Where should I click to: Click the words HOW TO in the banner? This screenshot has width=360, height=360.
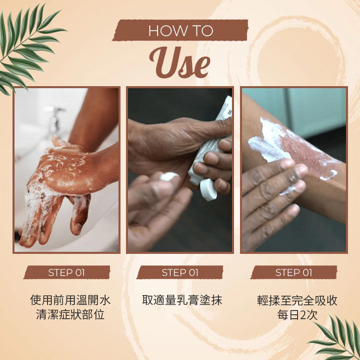180,31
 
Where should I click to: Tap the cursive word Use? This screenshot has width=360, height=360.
180,62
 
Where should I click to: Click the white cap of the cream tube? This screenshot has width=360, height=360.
208,190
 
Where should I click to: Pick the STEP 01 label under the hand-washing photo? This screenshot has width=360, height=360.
67,273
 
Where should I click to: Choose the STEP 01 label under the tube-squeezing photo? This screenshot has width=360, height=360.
180,273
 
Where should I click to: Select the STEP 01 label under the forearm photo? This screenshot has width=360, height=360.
294,273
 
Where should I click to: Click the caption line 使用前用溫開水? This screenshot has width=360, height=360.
70,300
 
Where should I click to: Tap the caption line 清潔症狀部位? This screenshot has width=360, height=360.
70,314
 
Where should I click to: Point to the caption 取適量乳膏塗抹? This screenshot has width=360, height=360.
182,300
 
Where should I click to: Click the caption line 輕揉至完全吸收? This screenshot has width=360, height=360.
297,300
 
